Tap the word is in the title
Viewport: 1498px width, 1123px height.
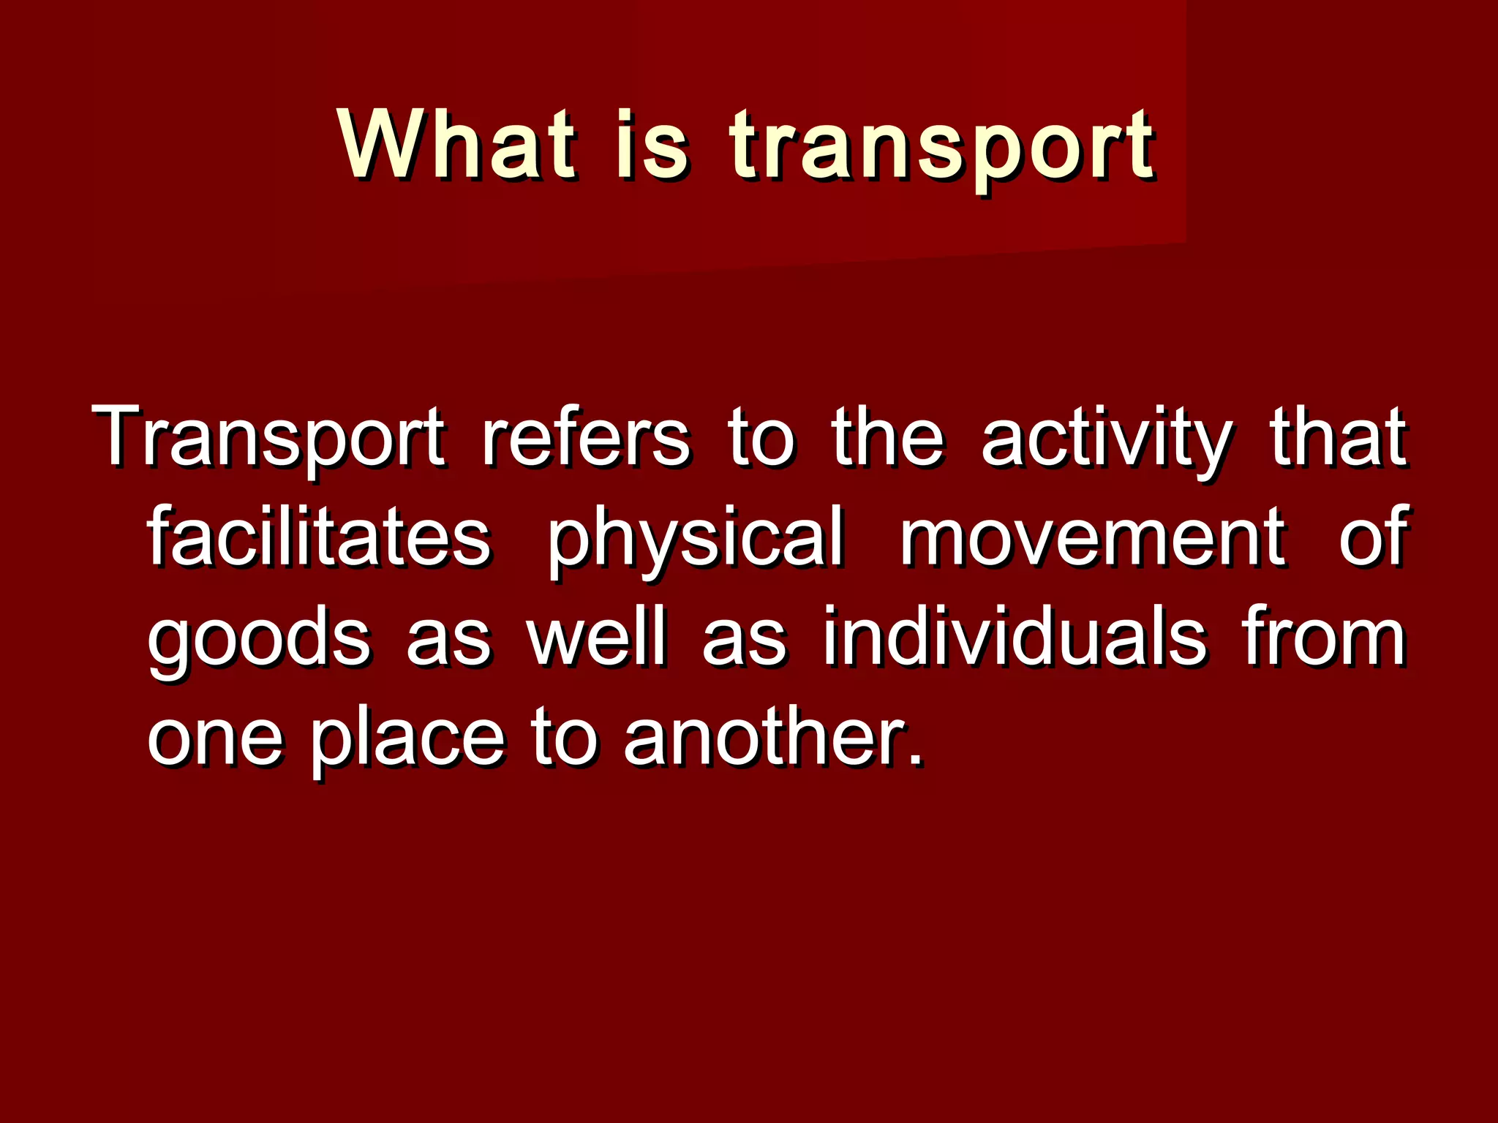point(652,144)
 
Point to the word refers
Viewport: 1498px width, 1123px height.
point(585,436)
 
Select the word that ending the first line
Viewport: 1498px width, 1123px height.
point(1338,436)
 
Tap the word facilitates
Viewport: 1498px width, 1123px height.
point(319,537)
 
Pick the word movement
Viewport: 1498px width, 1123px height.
point(1091,537)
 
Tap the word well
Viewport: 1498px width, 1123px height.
point(598,637)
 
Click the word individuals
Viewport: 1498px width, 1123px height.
point(1015,637)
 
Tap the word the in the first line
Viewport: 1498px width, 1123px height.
point(888,436)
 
